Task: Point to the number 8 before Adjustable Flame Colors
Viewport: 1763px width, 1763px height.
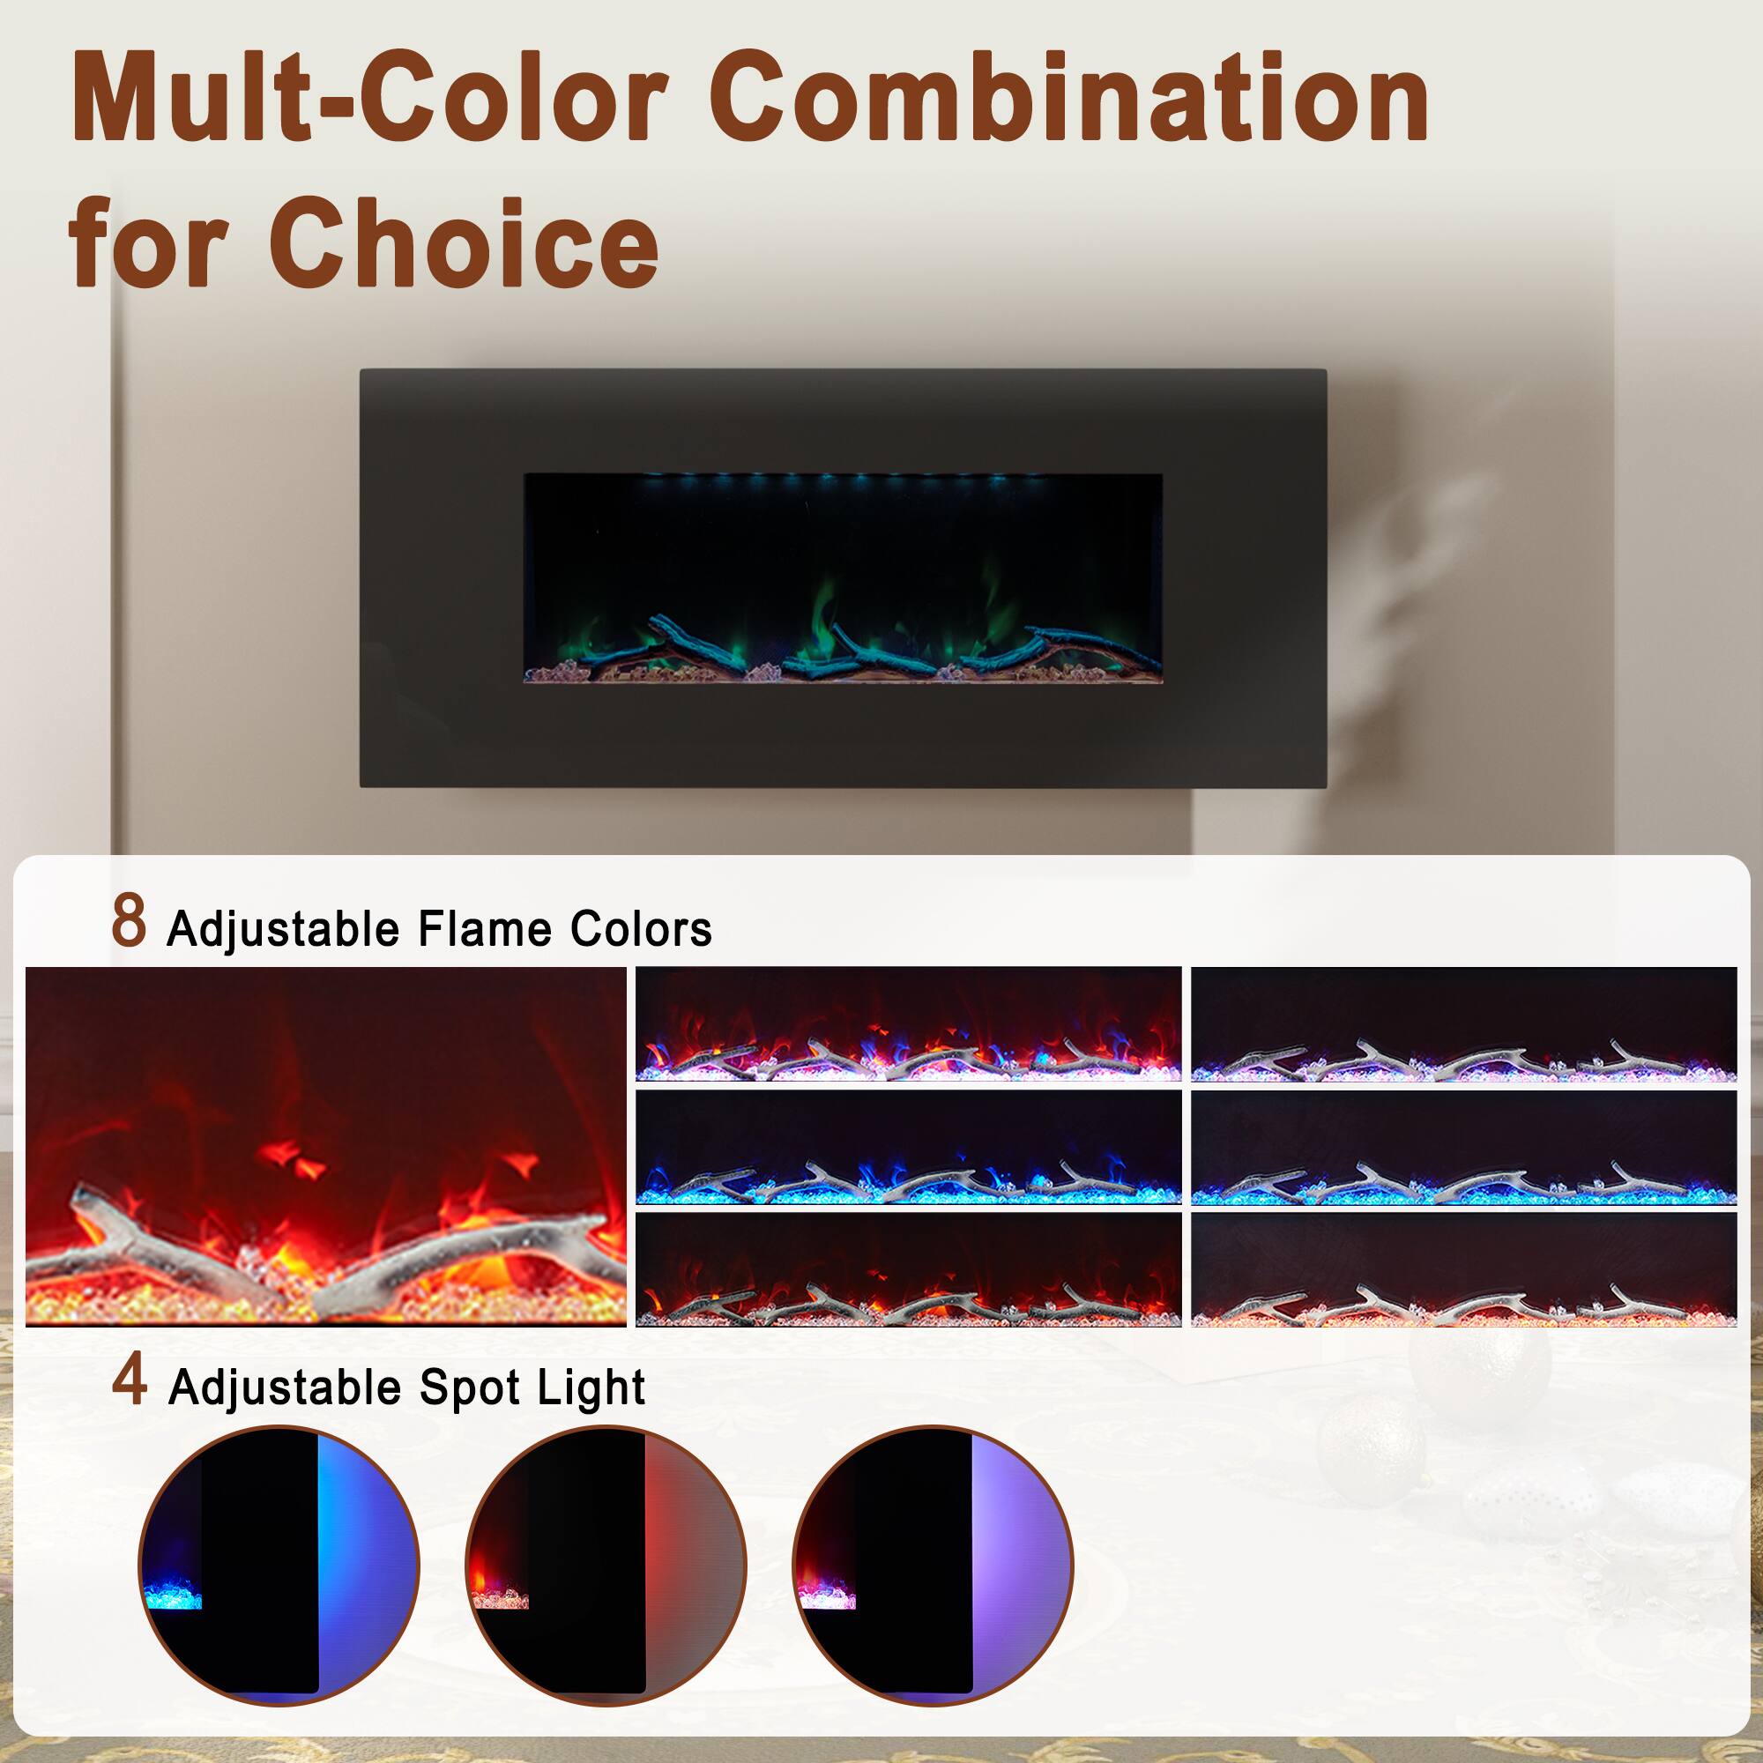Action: coord(129,922)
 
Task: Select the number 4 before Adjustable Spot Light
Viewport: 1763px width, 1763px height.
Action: coord(129,1381)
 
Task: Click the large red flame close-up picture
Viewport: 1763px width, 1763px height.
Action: coord(326,1146)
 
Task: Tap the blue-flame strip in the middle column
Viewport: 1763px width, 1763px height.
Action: coord(908,1148)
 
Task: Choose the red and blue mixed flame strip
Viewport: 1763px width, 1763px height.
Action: coord(908,1023)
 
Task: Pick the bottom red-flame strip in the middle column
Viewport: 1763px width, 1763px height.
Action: coord(908,1269)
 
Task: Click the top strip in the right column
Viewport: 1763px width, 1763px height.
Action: coord(1463,1023)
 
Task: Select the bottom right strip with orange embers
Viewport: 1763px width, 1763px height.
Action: coord(1463,1269)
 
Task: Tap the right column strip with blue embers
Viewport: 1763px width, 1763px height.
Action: coord(1463,1148)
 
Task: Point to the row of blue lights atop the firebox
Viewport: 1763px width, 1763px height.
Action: coord(839,477)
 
